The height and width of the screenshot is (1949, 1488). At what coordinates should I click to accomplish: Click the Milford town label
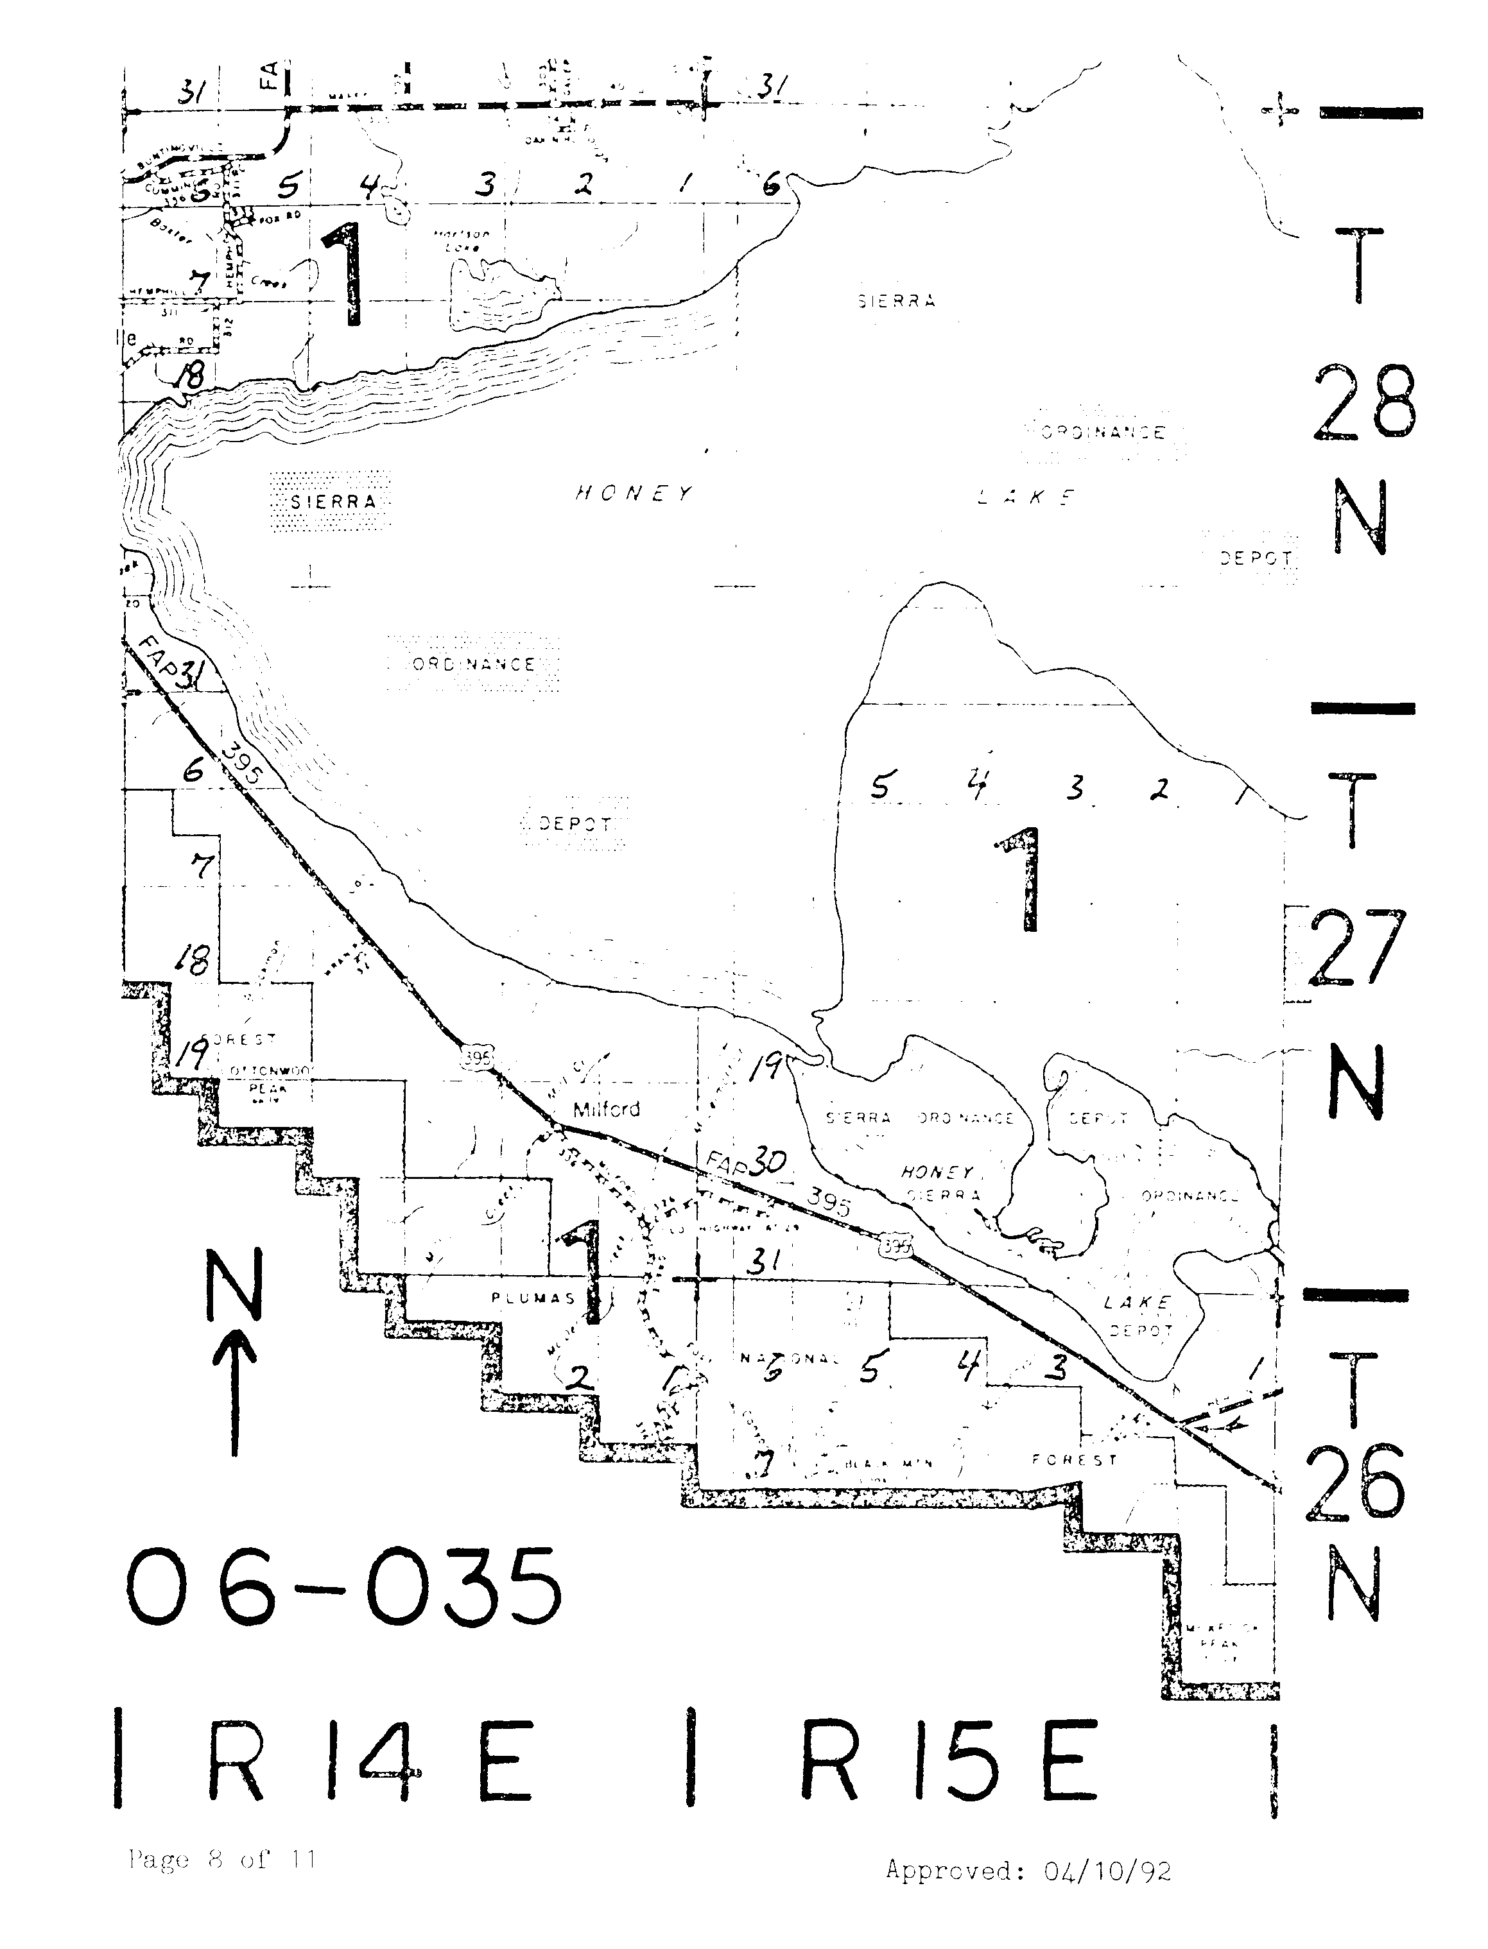click(x=606, y=1109)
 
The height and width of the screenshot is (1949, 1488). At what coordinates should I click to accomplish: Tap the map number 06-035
click(x=343, y=1588)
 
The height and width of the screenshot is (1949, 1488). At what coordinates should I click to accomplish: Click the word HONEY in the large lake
click(x=634, y=494)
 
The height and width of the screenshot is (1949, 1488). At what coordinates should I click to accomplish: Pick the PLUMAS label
click(x=533, y=1298)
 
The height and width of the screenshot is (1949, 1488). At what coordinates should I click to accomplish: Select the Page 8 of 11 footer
click(x=221, y=1859)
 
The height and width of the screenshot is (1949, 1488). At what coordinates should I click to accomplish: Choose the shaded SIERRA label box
click(x=331, y=501)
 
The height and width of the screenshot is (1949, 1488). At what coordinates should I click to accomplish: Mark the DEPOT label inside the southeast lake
click(x=1140, y=1330)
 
